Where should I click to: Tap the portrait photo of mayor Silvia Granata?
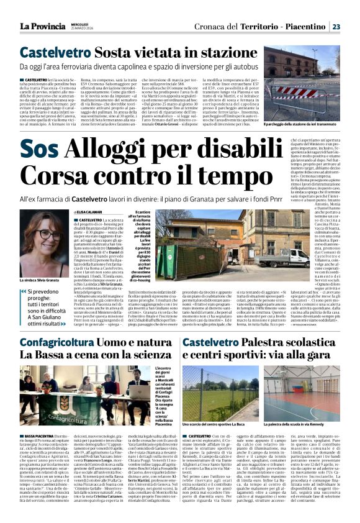[x=44, y=240]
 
